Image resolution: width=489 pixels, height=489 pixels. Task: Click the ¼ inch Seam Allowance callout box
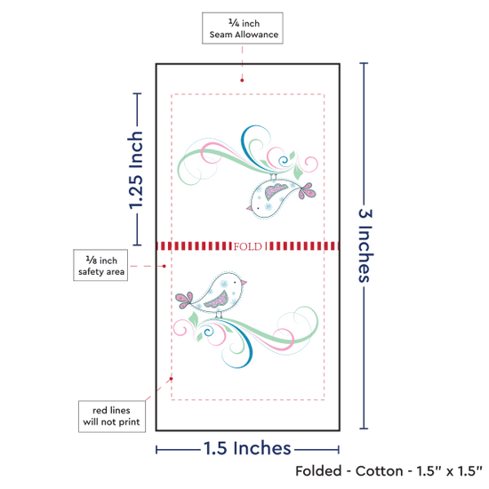click(243, 28)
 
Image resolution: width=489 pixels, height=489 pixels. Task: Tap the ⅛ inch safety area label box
click(100, 265)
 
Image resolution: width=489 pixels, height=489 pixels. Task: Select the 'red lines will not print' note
click(112, 416)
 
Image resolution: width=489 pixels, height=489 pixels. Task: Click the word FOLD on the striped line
click(248, 246)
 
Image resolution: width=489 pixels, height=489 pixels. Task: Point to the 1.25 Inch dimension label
click(136, 170)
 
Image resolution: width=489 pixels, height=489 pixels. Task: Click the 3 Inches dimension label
click(365, 245)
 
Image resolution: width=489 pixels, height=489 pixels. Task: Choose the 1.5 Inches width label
click(247, 448)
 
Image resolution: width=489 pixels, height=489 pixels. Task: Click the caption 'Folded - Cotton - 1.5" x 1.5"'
click(389, 471)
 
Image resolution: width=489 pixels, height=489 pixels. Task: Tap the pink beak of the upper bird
click(249, 208)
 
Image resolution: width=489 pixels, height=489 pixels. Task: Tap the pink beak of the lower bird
click(244, 283)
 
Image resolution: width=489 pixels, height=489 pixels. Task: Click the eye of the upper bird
click(258, 208)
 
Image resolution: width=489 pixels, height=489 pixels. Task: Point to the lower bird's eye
click(235, 283)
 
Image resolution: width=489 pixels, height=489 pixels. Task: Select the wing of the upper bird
click(276, 191)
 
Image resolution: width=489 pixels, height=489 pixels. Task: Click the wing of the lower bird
click(217, 300)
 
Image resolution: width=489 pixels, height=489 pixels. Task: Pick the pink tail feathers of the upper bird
click(308, 190)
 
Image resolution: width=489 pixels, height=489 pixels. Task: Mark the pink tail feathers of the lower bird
click(184, 301)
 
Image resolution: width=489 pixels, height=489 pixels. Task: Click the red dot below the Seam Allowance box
click(242, 80)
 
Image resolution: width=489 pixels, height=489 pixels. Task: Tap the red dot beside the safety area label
click(164, 266)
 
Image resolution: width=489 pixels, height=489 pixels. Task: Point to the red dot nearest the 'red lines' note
click(171, 379)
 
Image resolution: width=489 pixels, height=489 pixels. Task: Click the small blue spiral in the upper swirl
click(284, 161)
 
